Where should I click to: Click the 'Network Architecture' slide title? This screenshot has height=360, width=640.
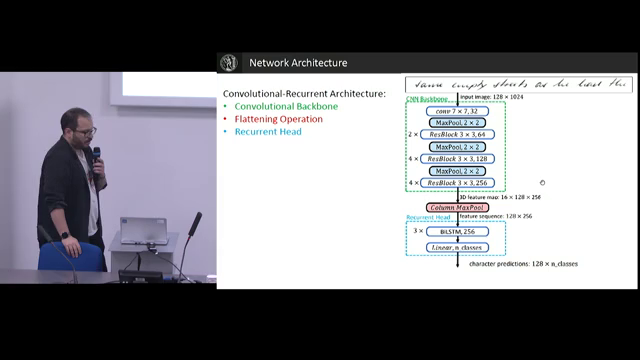pyautogui.click(x=298, y=63)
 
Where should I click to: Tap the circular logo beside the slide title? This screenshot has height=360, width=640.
pyautogui.click(x=232, y=63)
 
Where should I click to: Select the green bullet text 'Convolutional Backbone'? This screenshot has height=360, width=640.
pyautogui.click(x=285, y=106)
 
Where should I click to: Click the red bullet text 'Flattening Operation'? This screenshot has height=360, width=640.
pyautogui.click(x=279, y=119)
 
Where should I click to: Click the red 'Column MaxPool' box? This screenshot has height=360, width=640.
pyautogui.click(x=457, y=207)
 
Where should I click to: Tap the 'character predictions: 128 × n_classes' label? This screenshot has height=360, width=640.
pyautogui.click(x=523, y=264)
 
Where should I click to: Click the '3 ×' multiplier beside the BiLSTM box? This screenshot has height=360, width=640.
pyautogui.click(x=418, y=231)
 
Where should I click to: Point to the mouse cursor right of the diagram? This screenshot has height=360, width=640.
pyautogui.click(x=542, y=182)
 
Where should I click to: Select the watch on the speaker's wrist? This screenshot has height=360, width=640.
pyautogui.click(x=64, y=235)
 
